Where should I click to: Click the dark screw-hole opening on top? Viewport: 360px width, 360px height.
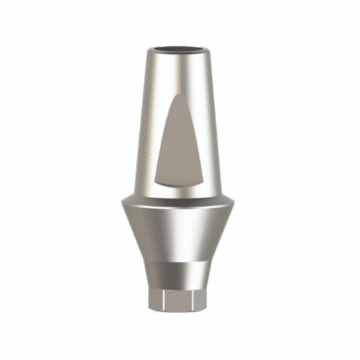coord(180,46)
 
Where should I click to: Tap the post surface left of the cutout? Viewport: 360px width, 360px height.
coord(145,137)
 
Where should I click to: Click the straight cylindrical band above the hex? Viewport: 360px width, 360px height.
coord(180,274)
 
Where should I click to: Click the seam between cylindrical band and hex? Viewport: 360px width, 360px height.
coord(180,286)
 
